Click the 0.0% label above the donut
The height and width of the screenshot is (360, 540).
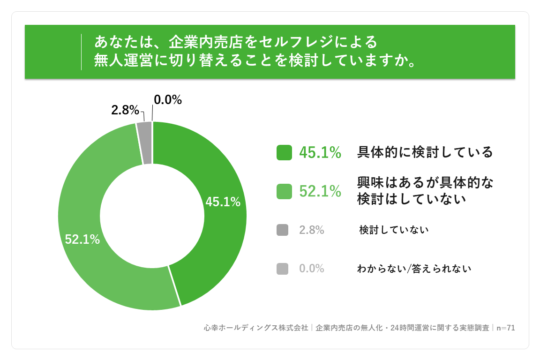(x=168, y=100)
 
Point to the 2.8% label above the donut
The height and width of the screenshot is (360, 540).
(x=125, y=110)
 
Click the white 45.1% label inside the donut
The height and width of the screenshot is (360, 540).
(x=223, y=202)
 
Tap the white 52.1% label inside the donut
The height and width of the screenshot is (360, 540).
(x=82, y=240)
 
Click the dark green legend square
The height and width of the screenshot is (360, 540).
(x=284, y=153)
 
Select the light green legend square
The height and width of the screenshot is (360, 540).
(x=284, y=192)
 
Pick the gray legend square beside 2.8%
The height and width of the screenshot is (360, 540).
(x=282, y=230)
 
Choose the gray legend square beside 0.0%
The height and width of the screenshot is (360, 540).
(x=282, y=269)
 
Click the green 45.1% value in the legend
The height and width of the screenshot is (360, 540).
(x=320, y=153)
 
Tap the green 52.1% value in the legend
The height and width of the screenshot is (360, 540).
(x=320, y=191)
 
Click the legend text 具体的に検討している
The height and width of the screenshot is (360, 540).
(x=425, y=152)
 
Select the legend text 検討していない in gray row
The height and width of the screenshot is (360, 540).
(x=394, y=230)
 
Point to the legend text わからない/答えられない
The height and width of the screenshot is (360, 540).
(x=414, y=269)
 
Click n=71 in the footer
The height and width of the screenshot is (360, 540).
(x=506, y=328)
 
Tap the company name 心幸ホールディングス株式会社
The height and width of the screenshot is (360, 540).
(x=256, y=328)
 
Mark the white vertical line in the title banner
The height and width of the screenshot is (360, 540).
(x=81, y=52)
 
